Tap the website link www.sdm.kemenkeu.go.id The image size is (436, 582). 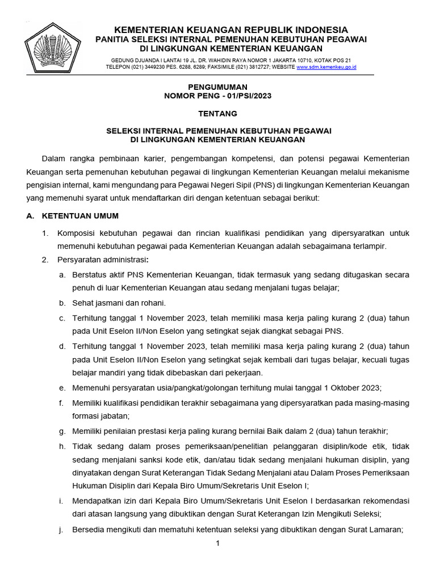326,67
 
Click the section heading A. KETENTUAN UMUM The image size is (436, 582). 73,216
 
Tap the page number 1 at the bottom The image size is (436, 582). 217,543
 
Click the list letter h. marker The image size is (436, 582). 61,447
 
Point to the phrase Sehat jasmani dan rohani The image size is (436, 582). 119,302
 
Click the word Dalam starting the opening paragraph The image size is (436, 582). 54,158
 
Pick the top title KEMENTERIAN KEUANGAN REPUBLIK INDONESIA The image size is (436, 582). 231,30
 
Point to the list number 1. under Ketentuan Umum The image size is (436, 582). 46,233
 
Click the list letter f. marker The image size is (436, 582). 61,402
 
